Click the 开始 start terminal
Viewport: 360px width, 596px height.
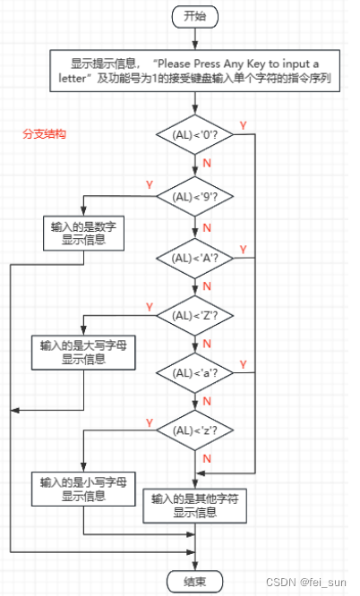pos(193,15)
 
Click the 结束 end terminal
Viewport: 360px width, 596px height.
pos(193,580)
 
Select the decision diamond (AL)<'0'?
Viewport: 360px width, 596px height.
pos(194,135)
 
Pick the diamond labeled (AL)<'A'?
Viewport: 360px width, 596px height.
pos(194,258)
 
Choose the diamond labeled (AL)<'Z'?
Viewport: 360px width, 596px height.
pos(194,314)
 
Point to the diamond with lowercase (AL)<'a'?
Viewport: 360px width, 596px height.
pos(194,371)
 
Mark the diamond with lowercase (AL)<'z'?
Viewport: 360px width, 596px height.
pos(194,430)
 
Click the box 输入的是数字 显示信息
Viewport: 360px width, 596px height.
pos(84,234)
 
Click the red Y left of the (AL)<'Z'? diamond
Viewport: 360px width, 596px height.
pos(149,304)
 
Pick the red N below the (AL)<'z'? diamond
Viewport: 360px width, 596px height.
pos(207,458)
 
